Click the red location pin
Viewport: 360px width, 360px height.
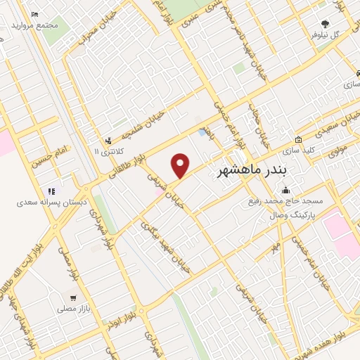181,165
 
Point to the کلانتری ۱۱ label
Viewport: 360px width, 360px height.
108,151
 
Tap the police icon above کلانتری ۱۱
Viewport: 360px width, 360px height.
108,140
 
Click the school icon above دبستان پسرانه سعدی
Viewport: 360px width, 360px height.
51,191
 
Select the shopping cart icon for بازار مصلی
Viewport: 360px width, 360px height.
73,297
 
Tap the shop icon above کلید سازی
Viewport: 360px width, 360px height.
299,139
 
